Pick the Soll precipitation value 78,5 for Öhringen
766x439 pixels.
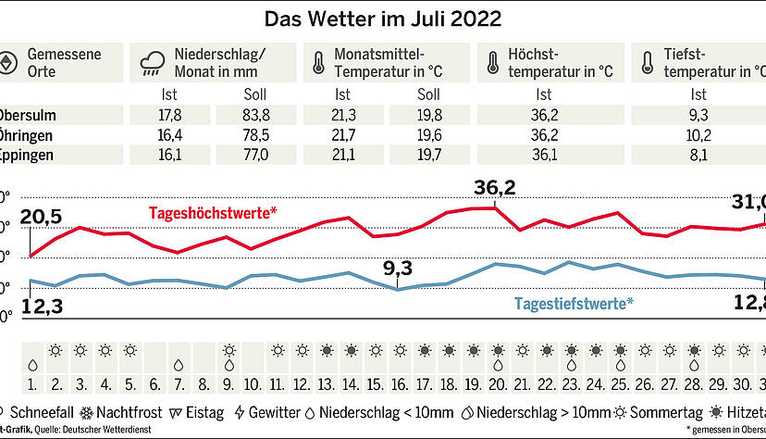254,135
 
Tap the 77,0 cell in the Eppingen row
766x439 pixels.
254,155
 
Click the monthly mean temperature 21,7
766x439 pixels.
343,135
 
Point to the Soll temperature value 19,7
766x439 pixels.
428,155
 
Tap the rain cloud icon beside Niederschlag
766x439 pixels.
153,64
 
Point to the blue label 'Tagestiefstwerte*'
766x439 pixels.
574,303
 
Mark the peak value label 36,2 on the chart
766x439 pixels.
494,188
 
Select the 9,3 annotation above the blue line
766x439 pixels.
398,270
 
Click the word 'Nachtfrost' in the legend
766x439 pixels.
134,411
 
